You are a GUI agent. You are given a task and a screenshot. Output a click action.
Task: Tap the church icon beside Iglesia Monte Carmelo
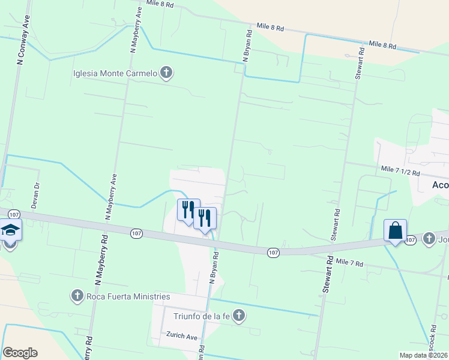166,74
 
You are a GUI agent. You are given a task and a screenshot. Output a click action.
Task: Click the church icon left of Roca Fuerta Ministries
77,296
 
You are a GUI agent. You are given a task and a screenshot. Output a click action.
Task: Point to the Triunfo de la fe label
202,316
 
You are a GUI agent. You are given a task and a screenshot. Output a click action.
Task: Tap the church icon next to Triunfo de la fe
239,316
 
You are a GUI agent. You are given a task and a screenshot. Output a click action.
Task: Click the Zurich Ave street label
182,337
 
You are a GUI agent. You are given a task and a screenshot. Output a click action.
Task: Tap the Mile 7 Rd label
350,262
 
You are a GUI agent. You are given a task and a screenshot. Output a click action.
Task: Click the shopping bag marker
396,230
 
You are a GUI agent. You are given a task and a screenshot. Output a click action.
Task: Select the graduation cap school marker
10,230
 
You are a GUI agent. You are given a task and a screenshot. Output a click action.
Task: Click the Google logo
20,353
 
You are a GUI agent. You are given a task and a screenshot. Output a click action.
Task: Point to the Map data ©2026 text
423,355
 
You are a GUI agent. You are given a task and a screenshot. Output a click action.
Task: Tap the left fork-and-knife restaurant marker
188,211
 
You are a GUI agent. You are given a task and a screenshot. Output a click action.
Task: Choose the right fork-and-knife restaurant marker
205,218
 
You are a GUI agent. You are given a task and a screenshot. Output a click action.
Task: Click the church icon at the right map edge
429,239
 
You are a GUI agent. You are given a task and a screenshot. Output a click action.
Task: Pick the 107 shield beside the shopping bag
411,240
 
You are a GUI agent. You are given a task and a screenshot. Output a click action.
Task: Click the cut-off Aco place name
440,185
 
